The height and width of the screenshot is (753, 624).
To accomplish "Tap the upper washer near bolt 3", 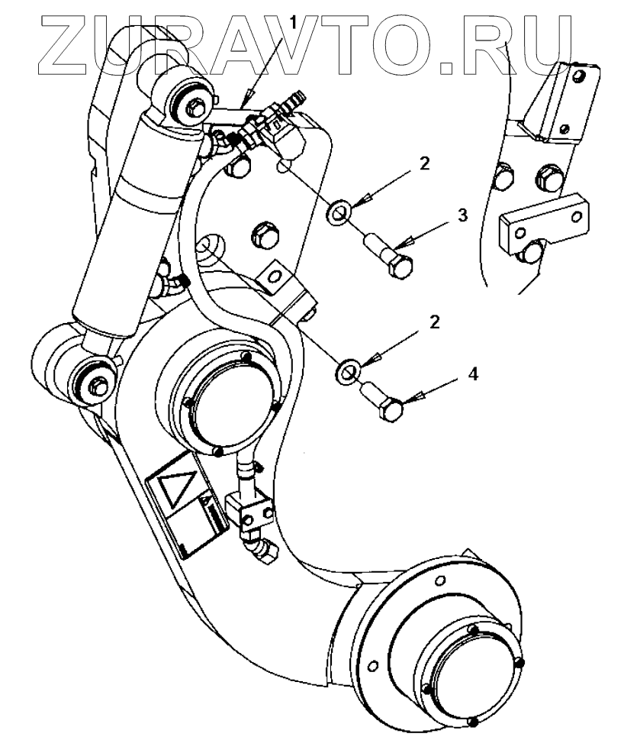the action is pos(339,209).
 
